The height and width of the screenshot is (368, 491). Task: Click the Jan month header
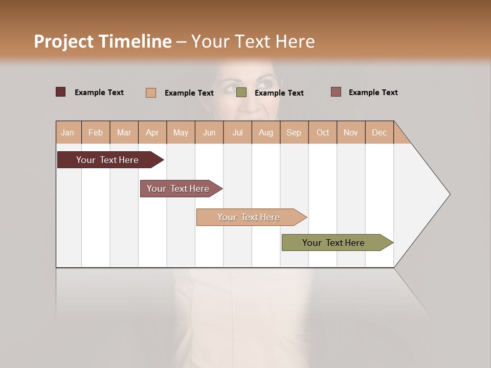tap(68, 132)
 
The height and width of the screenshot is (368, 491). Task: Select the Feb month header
tap(96, 132)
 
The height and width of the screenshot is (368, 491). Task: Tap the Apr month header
tap(152, 132)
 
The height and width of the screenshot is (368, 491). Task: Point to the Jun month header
tap(209, 132)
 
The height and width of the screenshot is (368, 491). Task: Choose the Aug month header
tap(265, 132)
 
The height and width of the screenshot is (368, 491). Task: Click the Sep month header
tap(294, 132)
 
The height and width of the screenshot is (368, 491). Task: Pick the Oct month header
tap(323, 132)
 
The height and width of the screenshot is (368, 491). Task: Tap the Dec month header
tap(379, 132)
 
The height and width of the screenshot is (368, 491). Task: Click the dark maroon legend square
tap(60, 92)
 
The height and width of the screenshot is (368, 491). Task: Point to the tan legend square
tap(151, 93)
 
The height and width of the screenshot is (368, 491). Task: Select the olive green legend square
tap(241, 93)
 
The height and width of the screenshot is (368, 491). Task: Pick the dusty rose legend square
tap(336, 92)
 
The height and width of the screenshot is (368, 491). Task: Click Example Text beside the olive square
tap(279, 93)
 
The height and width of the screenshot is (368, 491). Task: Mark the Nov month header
tap(350, 132)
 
